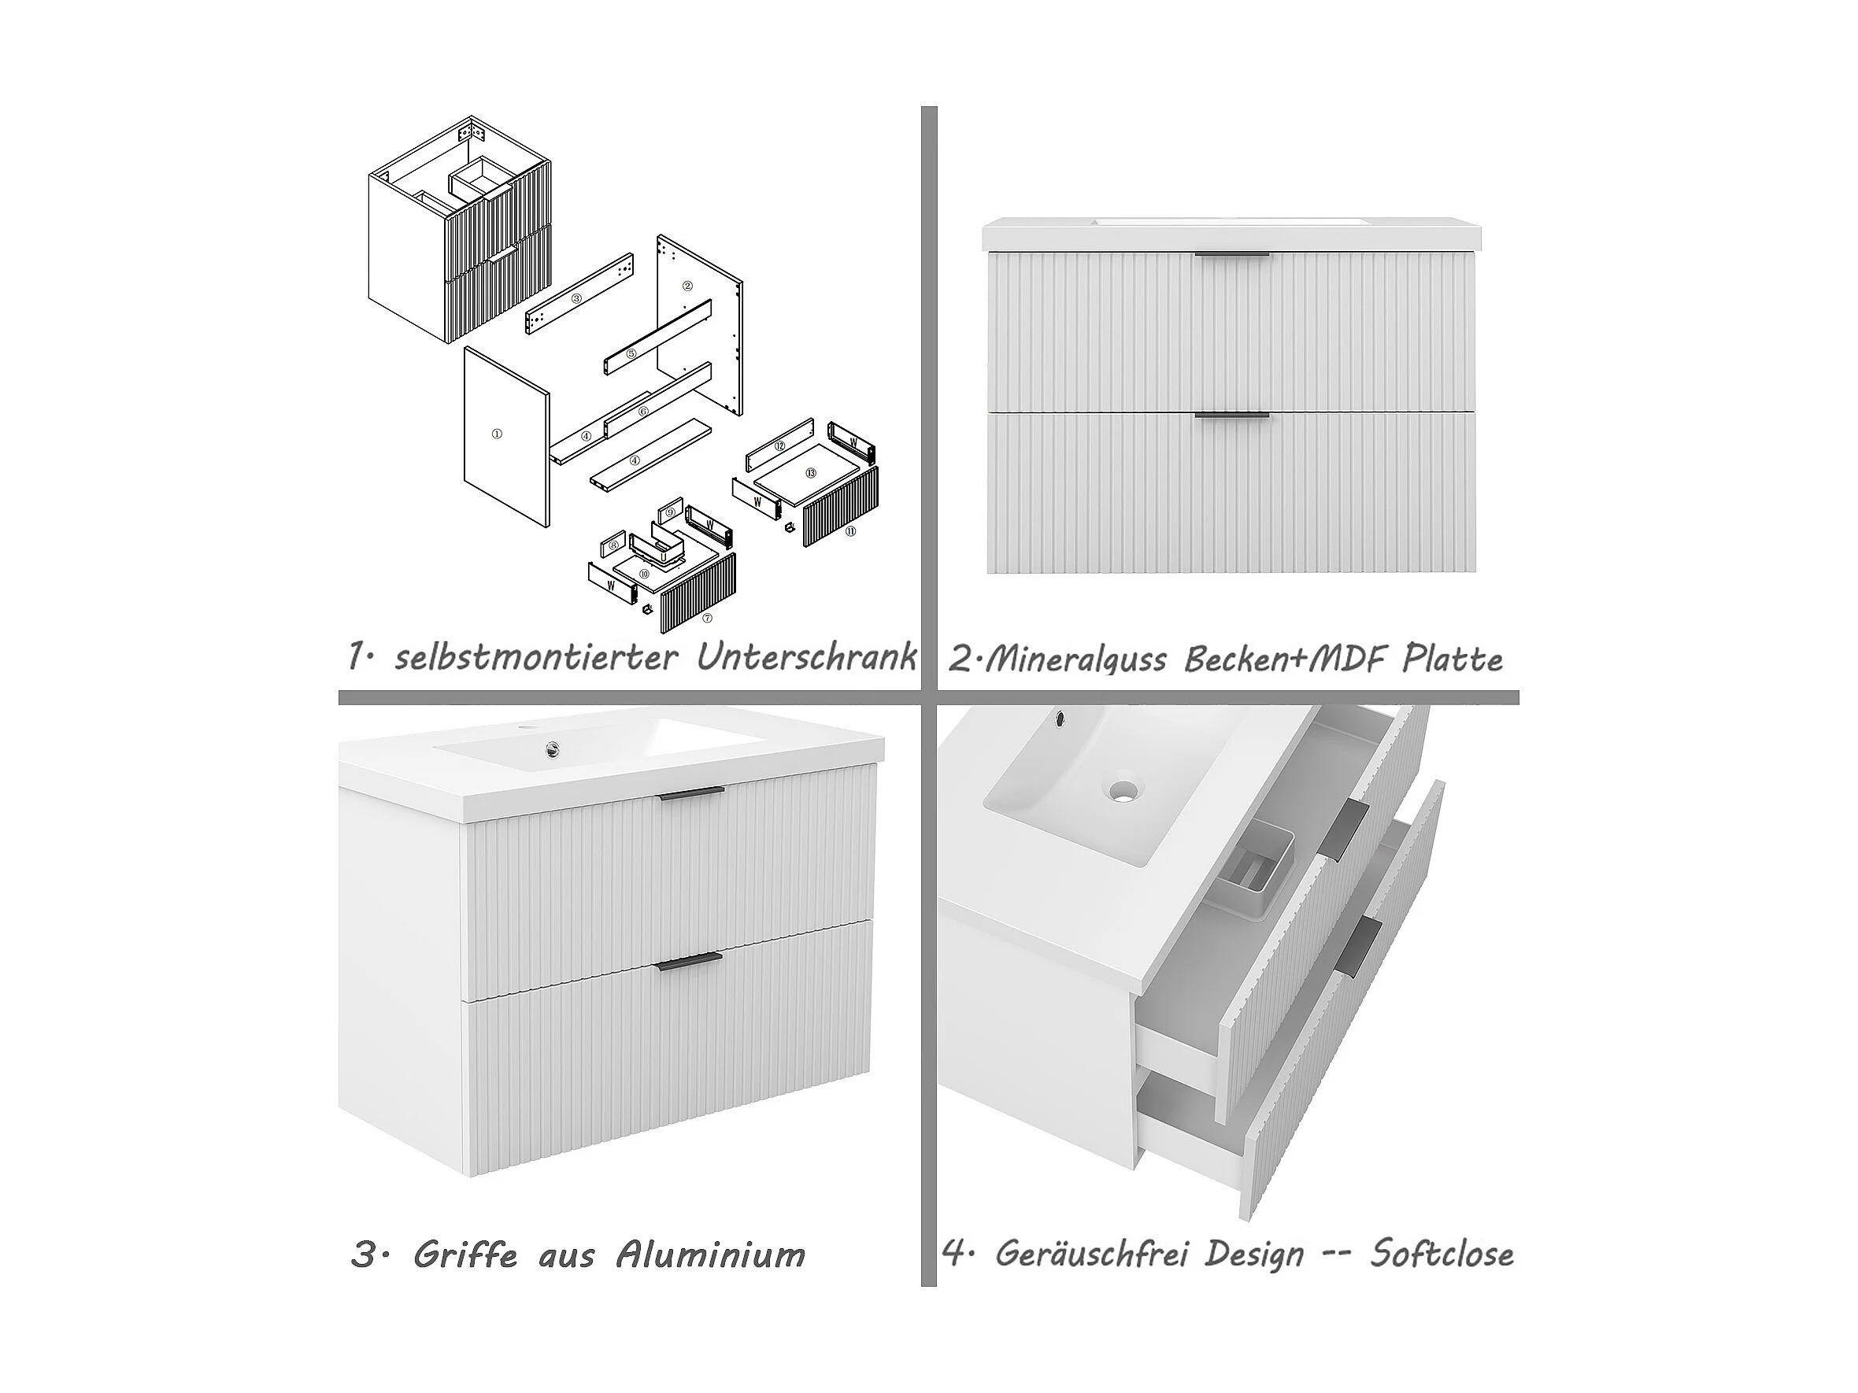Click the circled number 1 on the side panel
(497, 434)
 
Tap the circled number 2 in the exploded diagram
(687, 286)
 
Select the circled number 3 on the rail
(576, 298)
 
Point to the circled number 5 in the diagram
(631, 355)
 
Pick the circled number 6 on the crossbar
(642, 412)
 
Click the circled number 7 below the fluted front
(707, 618)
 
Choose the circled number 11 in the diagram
(850, 530)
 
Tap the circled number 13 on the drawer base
(811, 474)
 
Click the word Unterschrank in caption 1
(805, 656)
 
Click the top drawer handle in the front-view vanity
(1232, 254)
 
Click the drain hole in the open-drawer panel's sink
(1123, 789)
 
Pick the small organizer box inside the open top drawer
(1254, 874)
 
